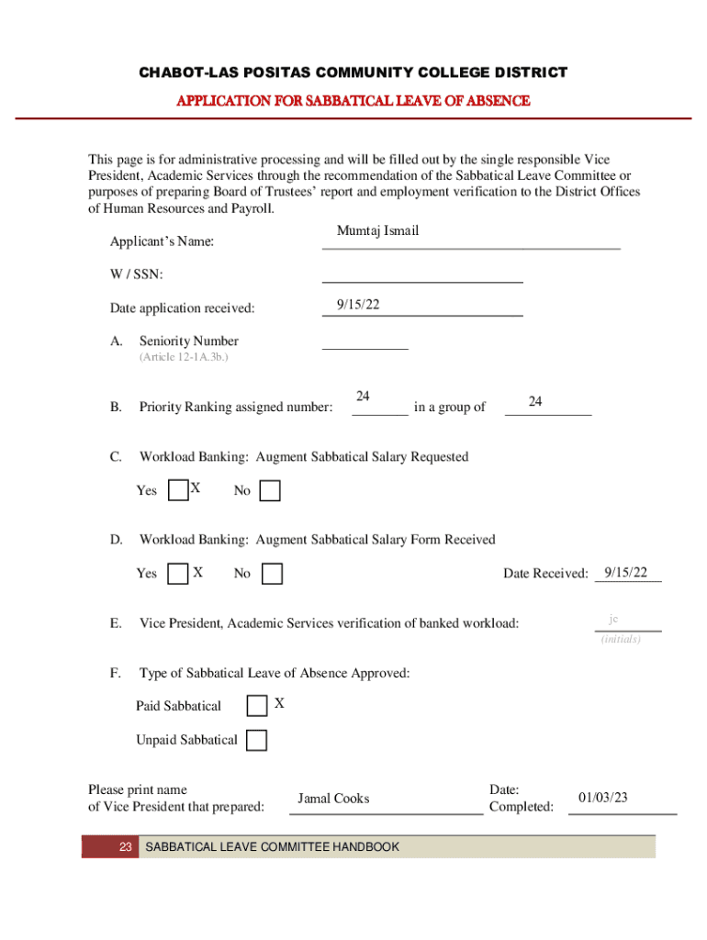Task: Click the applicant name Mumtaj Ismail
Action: click(x=377, y=231)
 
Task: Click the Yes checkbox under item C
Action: click(x=180, y=491)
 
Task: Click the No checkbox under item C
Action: click(x=270, y=492)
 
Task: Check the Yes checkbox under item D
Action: click(x=180, y=575)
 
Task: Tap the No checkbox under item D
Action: click(x=272, y=575)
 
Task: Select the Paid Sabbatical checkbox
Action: click(x=257, y=706)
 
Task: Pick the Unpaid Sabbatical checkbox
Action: click(x=257, y=740)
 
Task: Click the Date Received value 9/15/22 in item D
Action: click(x=627, y=573)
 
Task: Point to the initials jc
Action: click(x=612, y=620)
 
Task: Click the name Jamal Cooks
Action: click(x=333, y=799)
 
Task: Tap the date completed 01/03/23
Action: click(x=603, y=798)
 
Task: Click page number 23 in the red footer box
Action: click(x=126, y=846)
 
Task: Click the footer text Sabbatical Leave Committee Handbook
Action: click(x=273, y=846)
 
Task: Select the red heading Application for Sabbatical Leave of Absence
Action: click(x=353, y=101)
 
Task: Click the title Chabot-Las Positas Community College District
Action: click(x=353, y=73)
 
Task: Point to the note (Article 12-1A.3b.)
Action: click(x=184, y=357)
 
